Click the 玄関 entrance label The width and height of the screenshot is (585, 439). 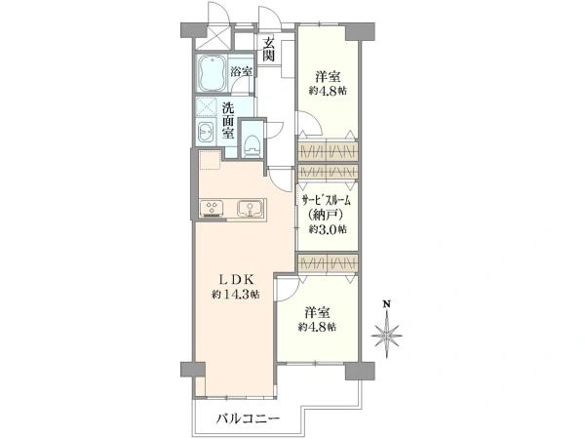tap(269, 50)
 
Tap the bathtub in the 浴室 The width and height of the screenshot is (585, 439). tap(212, 73)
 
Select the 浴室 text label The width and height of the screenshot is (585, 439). tap(241, 71)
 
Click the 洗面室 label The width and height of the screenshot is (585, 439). tap(228, 120)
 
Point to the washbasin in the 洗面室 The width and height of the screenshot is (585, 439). tap(206, 132)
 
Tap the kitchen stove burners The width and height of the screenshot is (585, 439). tap(212, 209)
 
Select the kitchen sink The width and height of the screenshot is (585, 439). tap(251, 209)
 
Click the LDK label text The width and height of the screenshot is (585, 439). tap(236, 279)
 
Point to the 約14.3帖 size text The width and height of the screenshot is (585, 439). tap(236, 295)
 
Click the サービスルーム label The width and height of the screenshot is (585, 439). tap(326, 201)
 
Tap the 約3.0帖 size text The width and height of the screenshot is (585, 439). tap(328, 229)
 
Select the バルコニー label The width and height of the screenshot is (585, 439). tap(248, 419)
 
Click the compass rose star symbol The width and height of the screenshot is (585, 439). tap(387, 336)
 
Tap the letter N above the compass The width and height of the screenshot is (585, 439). tap(388, 303)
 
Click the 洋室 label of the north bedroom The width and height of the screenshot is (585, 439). tap(328, 77)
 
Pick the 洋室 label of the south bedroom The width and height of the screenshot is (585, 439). tap(317, 312)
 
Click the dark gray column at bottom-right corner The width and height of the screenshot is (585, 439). tap(360, 371)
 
